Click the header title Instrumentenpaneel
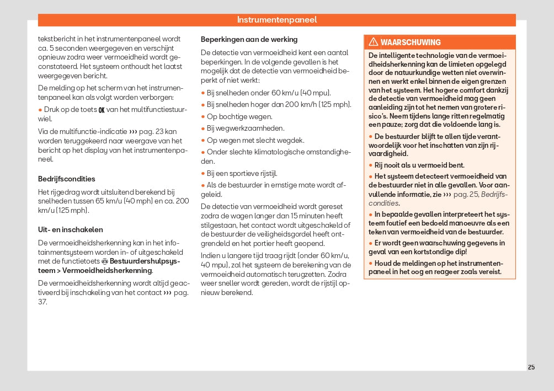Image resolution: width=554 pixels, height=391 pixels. pyautogui.click(x=277, y=20)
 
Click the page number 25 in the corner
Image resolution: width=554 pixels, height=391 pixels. pyautogui.click(x=531, y=367)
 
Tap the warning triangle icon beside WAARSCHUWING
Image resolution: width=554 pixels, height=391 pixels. pyautogui.click(x=373, y=42)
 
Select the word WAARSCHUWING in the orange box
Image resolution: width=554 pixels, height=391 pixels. pyautogui.click(x=411, y=42)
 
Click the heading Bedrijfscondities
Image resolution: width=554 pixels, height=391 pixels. pyautogui.click(x=66, y=179)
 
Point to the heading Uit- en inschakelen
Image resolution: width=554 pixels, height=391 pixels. pyautogui.click(x=70, y=229)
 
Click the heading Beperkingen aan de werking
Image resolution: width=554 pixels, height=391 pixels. pyautogui.click(x=249, y=39)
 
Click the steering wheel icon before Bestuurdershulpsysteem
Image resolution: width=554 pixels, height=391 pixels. pyautogui.click(x=105, y=261)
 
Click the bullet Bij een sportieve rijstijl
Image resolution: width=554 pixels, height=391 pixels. pyautogui.click(x=242, y=173)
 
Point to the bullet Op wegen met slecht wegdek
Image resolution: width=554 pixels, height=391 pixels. pyautogui.click(x=255, y=140)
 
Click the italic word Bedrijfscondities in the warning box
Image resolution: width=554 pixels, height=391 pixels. pyautogui.click(x=494, y=195)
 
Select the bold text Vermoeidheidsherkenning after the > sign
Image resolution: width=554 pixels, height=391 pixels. pyautogui.click(x=106, y=271)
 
